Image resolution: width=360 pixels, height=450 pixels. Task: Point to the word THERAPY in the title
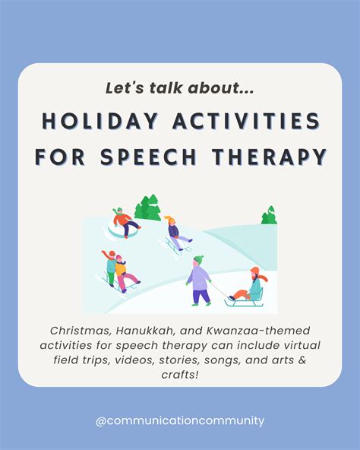[x=275, y=157]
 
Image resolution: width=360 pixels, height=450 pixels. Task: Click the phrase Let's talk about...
[x=179, y=88]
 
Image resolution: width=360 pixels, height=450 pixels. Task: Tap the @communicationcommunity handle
[x=180, y=420]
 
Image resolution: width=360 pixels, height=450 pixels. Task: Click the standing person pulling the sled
[x=200, y=280]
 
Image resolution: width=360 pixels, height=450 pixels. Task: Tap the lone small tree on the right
[x=269, y=216]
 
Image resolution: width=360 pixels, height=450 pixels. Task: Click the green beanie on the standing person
[x=198, y=259]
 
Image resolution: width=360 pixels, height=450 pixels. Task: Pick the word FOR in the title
[x=61, y=157]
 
